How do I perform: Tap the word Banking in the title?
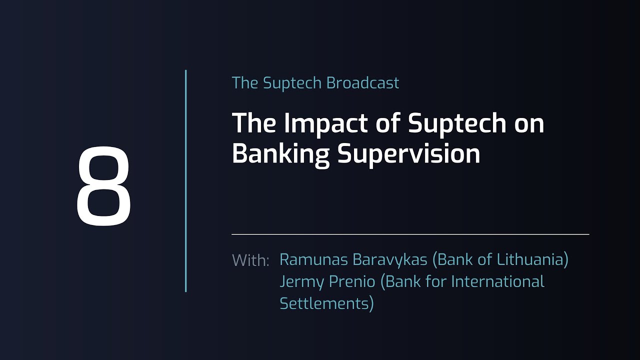click(x=280, y=153)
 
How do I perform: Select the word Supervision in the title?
click(x=409, y=153)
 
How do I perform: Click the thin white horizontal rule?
click(x=410, y=234)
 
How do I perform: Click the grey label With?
click(x=250, y=260)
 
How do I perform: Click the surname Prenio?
click(x=352, y=281)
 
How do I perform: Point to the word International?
click(x=497, y=281)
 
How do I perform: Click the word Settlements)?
click(x=326, y=303)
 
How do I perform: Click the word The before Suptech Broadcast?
click(x=244, y=83)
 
